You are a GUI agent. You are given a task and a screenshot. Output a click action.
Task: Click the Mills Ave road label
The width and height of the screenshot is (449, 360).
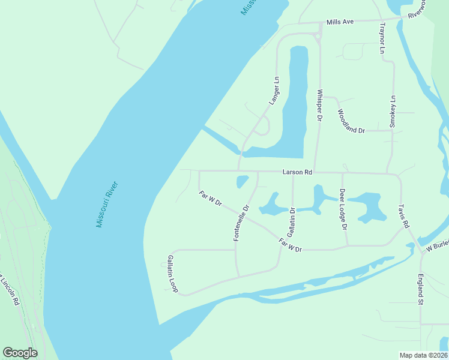pos(340,22)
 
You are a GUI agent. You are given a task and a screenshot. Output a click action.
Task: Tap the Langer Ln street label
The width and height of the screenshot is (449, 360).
pos(274,91)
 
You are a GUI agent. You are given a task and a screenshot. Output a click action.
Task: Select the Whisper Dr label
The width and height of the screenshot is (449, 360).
pos(320,106)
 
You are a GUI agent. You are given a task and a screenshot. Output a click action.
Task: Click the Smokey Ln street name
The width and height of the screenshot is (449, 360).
pos(393,112)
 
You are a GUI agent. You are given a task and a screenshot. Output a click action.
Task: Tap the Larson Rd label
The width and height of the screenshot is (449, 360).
pos(297,172)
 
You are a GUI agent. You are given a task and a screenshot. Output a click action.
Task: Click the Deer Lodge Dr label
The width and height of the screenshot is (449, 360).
pos(343,210)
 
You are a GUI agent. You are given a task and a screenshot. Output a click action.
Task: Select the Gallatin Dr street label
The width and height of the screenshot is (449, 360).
pos(292,222)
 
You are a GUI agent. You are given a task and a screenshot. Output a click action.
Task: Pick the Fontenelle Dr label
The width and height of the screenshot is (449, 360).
pos(241,223)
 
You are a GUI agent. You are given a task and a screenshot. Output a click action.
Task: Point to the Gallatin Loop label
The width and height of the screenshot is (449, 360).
pos(172,274)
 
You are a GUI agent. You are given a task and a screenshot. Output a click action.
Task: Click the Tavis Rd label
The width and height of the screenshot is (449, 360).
pos(403,216)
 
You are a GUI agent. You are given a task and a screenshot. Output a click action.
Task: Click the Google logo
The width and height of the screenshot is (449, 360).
pos(20,353)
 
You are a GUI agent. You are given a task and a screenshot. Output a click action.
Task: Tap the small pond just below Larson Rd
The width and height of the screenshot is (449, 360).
pos(243,181)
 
